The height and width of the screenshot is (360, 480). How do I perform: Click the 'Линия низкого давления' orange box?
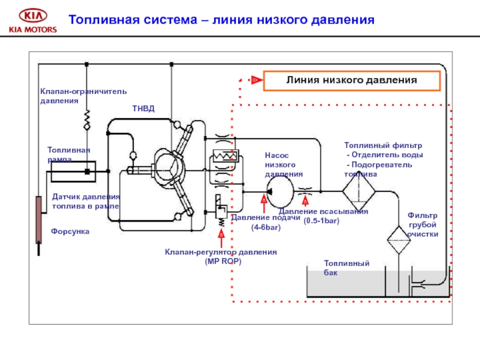click(x=351, y=80)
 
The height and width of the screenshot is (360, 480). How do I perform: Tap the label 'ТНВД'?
click(x=143, y=109)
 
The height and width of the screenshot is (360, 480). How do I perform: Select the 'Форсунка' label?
click(x=70, y=231)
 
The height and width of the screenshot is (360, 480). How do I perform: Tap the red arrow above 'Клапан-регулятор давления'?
click(x=221, y=238)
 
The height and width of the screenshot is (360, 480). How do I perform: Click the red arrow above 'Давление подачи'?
click(x=263, y=203)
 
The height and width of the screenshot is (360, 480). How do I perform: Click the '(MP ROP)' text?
click(x=221, y=262)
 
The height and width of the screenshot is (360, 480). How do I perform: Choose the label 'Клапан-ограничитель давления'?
click(x=83, y=96)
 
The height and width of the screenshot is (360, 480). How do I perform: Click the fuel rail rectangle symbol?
click(x=70, y=172)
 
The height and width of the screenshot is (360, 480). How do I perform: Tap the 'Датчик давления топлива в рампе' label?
click(x=86, y=202)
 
